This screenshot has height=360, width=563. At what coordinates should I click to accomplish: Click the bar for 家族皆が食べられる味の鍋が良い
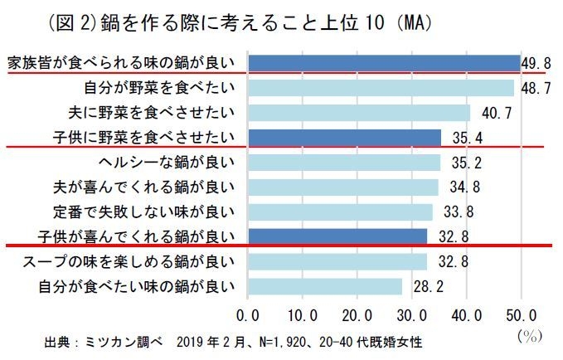tap(384, 63)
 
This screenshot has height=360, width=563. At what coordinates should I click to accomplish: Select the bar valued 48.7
tap(381, 88)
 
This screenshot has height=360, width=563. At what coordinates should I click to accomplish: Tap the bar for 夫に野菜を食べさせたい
tap(359, 113)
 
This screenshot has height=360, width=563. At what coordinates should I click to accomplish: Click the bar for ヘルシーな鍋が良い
tap(344, 163)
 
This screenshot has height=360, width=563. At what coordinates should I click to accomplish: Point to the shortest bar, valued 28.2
tap(325, 287)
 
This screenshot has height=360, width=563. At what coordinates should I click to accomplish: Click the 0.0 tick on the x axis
tap(248, 315)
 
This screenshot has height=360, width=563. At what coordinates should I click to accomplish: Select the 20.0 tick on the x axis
tap(357, 315)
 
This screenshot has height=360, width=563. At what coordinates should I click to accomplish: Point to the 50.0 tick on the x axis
tap(521, 315)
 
